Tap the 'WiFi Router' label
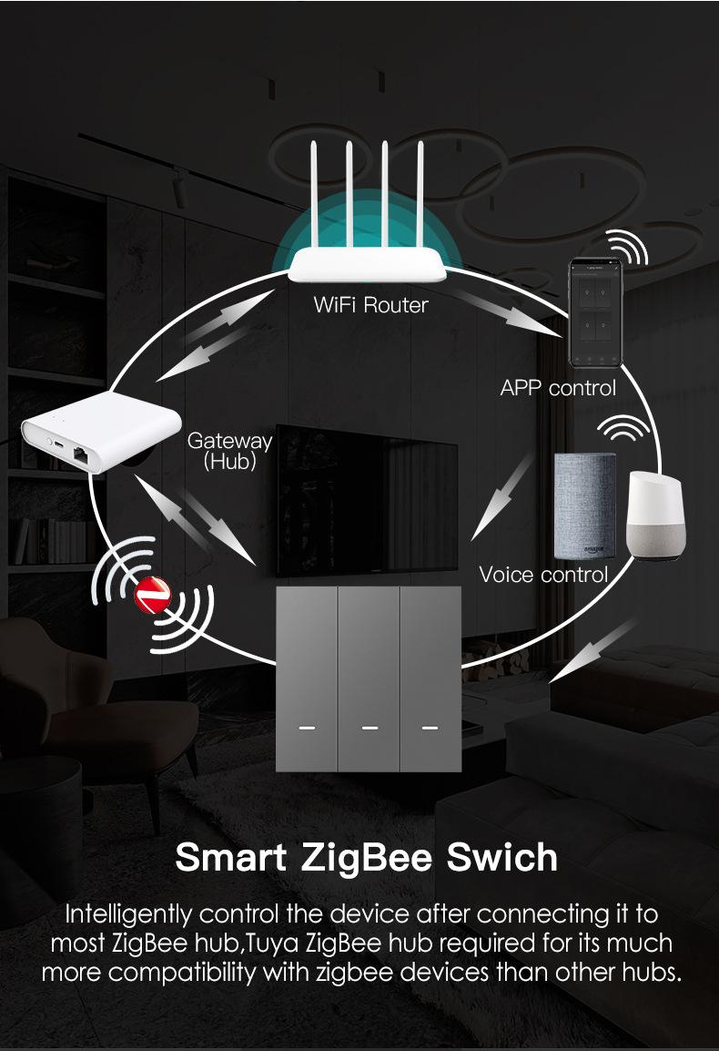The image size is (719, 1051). click(x=370, y=305)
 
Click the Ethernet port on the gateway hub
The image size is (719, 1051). click(x=81, y=454)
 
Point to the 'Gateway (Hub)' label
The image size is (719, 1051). click(x=230, y=451)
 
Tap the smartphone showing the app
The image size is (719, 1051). click(x=595, y=313)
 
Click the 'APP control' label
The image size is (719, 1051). click(x=558, y=388)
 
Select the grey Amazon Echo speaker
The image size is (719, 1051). click(x=585, y=505)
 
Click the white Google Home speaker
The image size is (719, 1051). click(x=654, y=516)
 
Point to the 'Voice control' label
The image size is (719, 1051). click(x=543, y=575)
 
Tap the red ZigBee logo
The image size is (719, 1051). click(x=153, y=596)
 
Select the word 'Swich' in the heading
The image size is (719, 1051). click(x=501, y=857)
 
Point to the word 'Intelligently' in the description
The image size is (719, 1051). click(x=128, y=915)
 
